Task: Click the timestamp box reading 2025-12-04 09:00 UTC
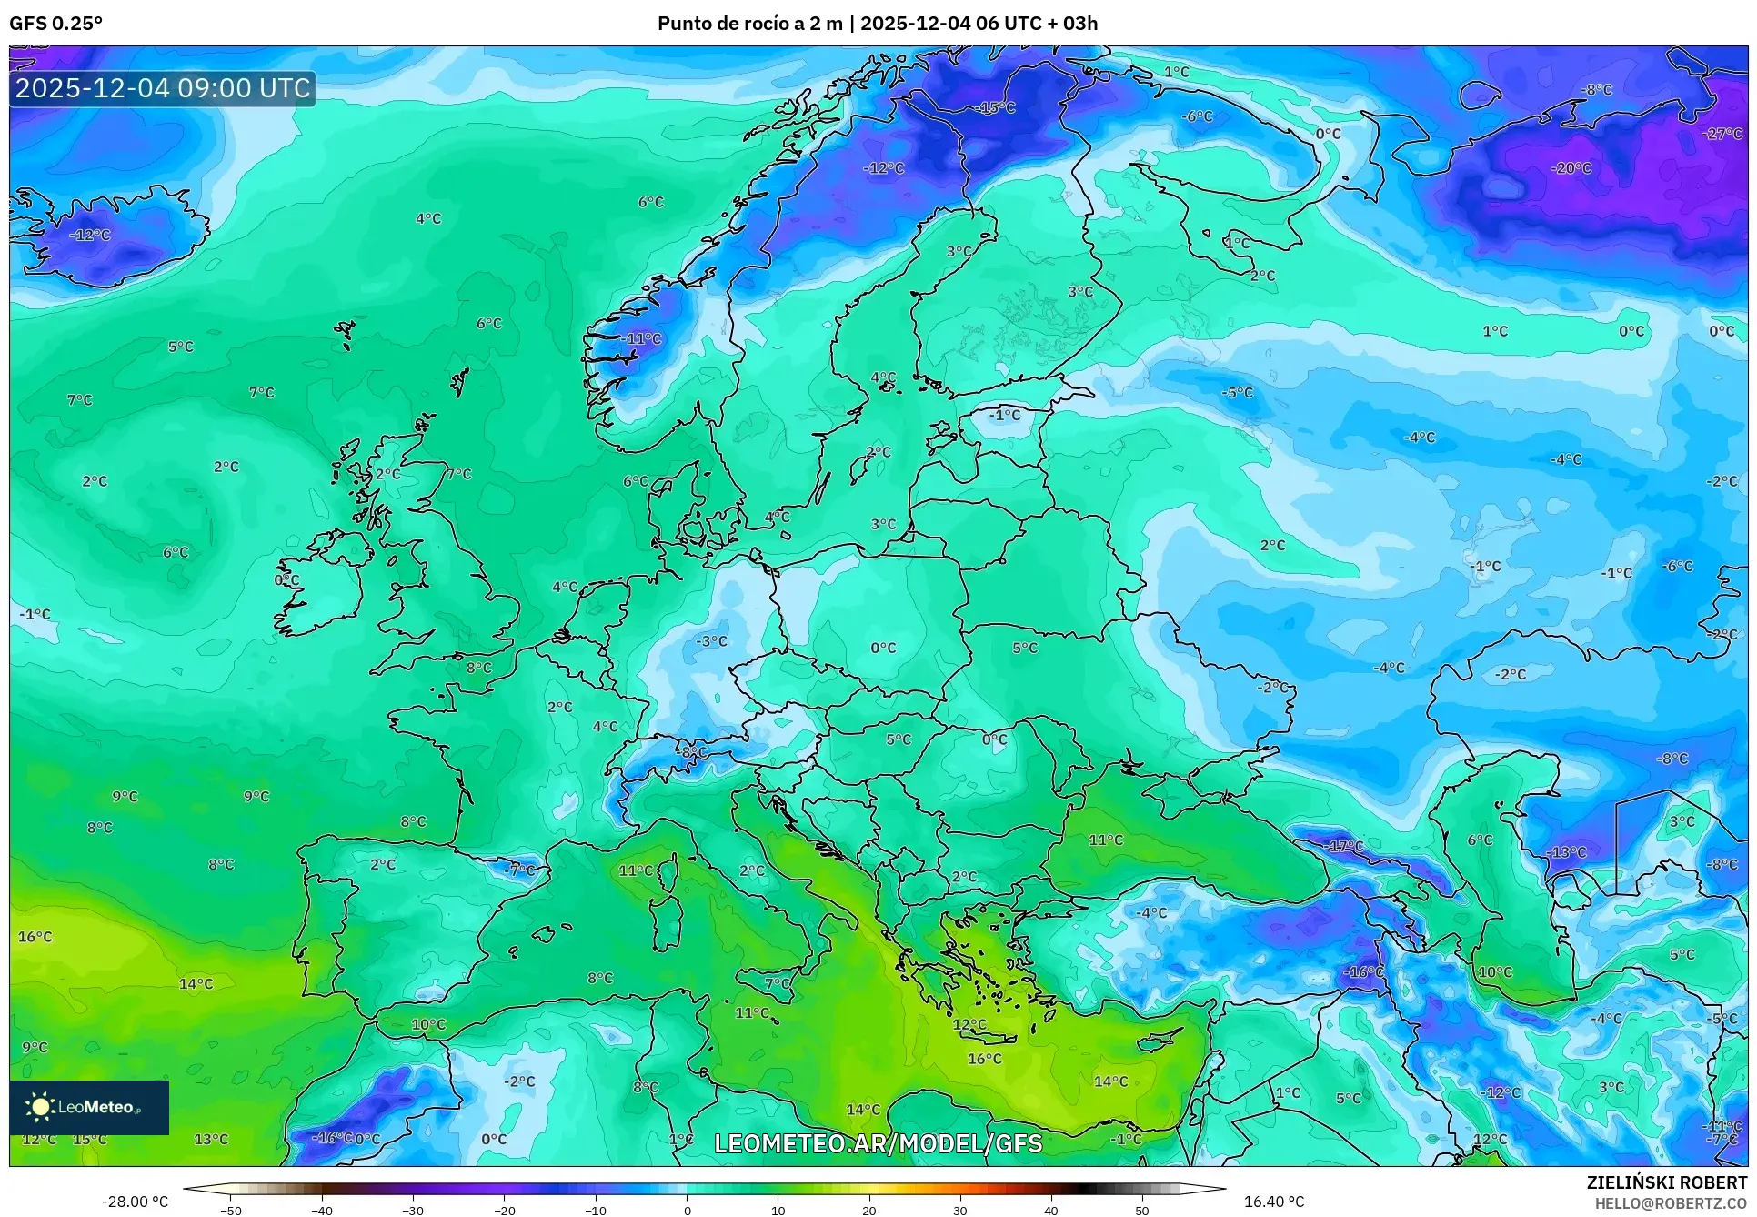[163, 88]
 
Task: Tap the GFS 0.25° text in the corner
[55, 24]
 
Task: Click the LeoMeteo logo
[89, 1107]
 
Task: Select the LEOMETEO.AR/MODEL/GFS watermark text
[878, 1143]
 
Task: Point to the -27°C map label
[1722, 134]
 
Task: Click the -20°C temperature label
[1571, 168]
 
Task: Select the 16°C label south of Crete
[984, 1059]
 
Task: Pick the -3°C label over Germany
[711, 641]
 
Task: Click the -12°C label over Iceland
[90, 235]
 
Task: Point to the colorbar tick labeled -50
[231, 1210]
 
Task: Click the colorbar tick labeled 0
[687, 1210]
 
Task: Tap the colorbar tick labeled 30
[960, 1210]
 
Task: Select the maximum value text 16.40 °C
[1273, 1202]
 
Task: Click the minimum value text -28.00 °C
[135, 1202]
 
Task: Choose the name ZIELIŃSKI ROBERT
[1666, 1182]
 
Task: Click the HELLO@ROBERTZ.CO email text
[1670, 1203]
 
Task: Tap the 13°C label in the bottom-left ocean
[211, 1139]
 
